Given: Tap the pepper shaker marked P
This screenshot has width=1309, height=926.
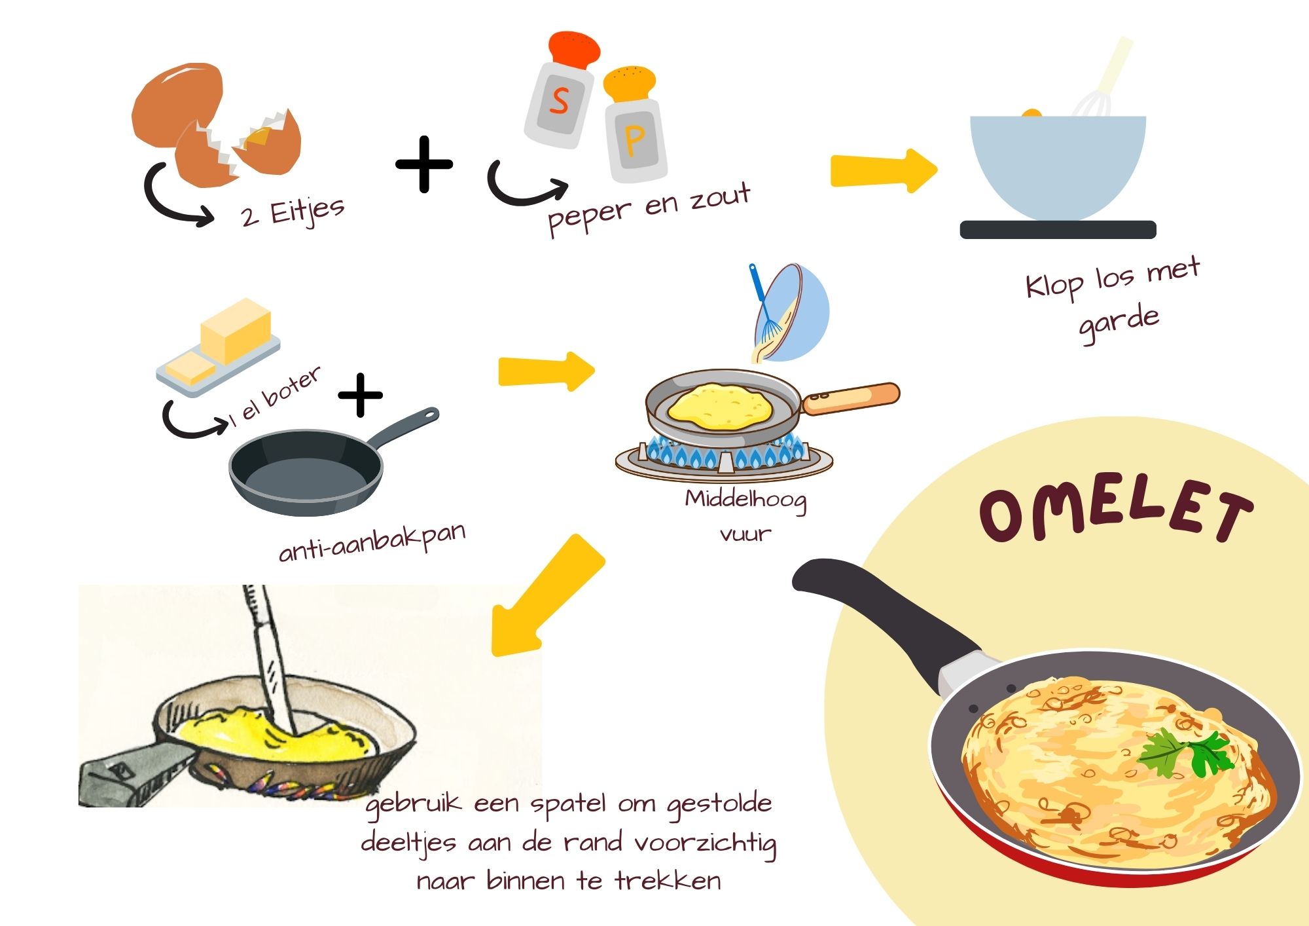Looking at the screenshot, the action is [x=634, y=124].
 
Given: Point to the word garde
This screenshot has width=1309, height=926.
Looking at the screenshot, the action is [x=1119, y=322].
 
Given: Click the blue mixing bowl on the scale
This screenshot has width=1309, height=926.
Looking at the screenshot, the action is [x=1058, y=167].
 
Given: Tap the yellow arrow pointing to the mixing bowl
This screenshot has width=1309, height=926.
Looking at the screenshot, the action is [x=884, y=171].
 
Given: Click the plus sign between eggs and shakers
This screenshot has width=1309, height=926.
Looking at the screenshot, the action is [x=424, y=164].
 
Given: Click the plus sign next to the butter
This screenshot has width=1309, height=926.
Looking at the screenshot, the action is [x=360, y=395].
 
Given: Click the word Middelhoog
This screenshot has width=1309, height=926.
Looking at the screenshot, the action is [x=745, y=501].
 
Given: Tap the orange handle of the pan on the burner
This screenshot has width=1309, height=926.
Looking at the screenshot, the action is [x=851, y=398].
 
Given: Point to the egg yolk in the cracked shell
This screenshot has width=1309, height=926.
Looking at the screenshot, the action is [x=258, y=137].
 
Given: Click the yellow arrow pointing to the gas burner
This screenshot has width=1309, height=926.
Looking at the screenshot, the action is [x=547, y=372].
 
